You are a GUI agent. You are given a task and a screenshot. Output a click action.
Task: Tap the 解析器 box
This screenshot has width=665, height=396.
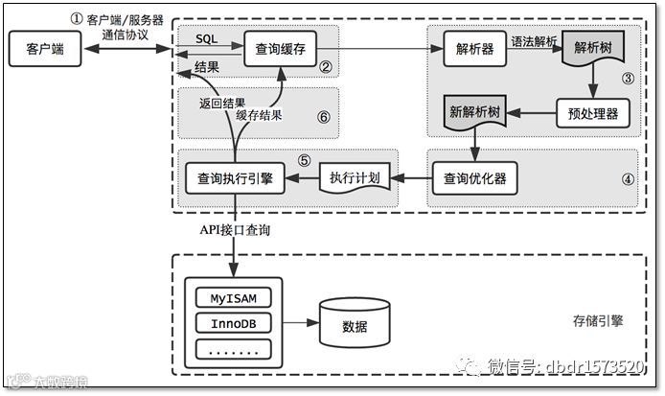pos(469,48)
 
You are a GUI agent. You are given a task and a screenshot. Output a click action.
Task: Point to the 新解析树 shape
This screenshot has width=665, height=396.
pos(476,113)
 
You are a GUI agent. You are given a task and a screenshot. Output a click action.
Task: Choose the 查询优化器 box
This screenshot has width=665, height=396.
pos(469,177)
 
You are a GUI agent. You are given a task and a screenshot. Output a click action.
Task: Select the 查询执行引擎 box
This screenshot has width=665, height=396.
pos(234,177)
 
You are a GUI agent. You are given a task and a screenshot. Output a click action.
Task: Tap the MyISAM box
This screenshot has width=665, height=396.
pos(234,297)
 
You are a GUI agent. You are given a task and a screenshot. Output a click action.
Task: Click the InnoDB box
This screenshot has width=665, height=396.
pos(234,323)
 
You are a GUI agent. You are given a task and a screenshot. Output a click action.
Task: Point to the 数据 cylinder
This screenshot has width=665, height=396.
pos(355,324)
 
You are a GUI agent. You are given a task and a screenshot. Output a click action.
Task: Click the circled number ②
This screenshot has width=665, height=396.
pos(326,67)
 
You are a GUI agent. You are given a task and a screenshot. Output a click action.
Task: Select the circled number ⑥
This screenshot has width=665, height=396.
pos(323,116)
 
